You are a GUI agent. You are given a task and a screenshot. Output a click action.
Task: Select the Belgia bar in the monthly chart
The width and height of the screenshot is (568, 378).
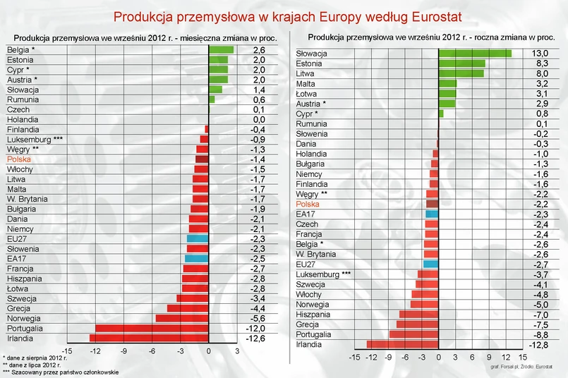221,50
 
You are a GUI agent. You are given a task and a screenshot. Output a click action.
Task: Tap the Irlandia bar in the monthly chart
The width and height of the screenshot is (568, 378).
149,339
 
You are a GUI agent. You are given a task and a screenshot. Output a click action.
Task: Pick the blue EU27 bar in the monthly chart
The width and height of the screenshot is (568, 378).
198,239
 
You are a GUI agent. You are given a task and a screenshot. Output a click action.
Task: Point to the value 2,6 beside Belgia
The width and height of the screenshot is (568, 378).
259,50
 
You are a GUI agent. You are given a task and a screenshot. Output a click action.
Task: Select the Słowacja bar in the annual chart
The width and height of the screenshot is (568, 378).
475,54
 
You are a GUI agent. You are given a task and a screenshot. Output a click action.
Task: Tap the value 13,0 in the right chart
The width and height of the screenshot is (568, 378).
539,54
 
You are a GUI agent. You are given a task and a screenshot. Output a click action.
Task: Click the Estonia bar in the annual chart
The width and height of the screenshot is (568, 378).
461,63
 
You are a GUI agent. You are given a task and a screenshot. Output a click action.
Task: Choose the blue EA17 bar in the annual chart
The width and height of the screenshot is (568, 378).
432,214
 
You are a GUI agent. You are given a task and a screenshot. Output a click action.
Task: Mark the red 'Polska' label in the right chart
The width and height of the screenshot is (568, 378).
308,204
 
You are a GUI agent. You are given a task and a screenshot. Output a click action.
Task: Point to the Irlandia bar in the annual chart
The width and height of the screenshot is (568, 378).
402,344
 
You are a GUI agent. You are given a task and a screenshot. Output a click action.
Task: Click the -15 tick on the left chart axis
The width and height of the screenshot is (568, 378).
67,350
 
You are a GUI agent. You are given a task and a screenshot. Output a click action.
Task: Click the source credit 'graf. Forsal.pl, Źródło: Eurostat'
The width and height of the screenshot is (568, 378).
521,367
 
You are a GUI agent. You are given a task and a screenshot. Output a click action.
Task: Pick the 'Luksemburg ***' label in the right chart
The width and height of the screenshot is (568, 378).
322,274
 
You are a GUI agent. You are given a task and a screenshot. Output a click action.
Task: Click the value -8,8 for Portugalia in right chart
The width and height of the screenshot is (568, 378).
539,334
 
